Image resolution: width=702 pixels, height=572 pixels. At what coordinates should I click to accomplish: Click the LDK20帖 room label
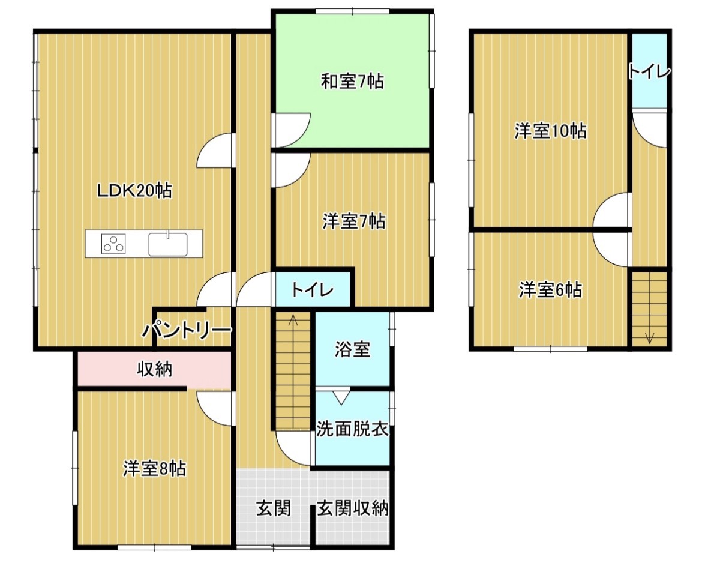pyautogui.click(x=135, y=191)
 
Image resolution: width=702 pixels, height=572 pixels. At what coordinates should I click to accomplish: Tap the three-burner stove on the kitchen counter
pyautogui.click(x=113, y=244)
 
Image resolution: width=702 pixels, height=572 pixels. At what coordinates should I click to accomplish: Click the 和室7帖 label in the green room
pyautogui.click(x=353, y=82)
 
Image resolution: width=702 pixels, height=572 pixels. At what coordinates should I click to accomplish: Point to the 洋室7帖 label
pyautogui.click(x=353, y=221)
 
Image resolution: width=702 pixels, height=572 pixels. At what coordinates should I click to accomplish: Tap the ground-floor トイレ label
pyautogui.click(x=313, y=291)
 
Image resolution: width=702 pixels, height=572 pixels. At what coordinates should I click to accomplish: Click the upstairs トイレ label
pyautogui.click(x=650, y=71)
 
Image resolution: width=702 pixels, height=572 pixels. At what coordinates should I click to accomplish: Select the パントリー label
pyautogui.click(x=187, y=331)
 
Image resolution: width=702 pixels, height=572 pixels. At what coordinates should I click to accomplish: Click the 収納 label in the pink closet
pyautogui.click(x=154, y=370)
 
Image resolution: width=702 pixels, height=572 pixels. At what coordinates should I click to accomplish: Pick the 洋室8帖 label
pyautogui.click(x=154, y=469)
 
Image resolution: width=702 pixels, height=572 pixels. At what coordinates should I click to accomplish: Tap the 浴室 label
pyautogui.click(x=352, y=349)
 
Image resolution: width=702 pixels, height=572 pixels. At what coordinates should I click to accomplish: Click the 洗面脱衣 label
pyautogui.click(x=352, y=429)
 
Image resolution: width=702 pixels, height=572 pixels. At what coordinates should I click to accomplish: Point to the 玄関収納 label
pyautogui.click(x=353, y=508)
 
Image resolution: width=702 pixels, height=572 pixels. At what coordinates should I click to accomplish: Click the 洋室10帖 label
pyautogui.click(x=550, y=131)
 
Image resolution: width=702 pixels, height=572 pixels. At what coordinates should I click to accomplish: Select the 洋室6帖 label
pyautogui.click(x=551, y=290)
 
